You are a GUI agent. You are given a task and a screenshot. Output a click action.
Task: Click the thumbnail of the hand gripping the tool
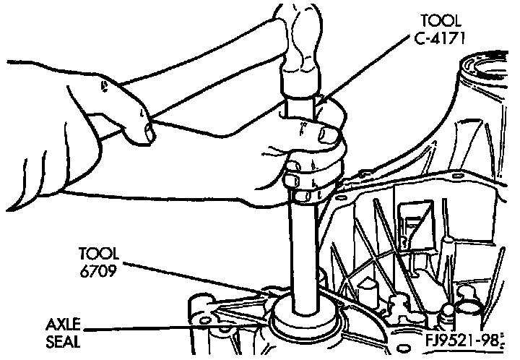coord(329,133)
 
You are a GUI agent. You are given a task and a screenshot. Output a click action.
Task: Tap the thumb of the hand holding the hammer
coord(144,130)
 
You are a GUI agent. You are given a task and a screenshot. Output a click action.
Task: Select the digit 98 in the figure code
coord(493,339)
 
